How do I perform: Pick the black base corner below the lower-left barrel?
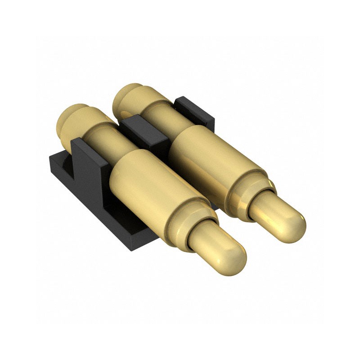pyautogui.click(x=135, y=243)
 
